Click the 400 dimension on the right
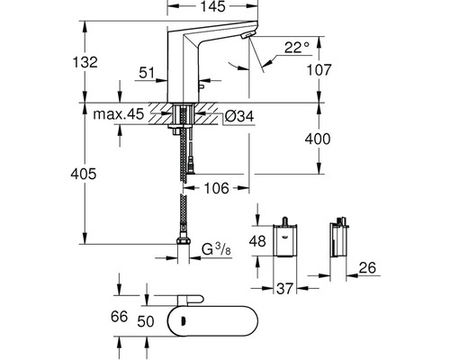tap(330, 139)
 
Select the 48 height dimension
tap(256, 240)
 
